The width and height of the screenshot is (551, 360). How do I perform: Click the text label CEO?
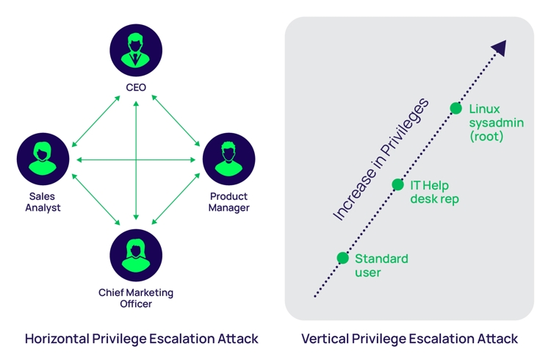click(x=136, y=87)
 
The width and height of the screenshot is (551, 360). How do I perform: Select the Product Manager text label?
click(x=228, y=202)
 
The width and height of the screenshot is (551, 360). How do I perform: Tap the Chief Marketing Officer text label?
click(x=136, y=298)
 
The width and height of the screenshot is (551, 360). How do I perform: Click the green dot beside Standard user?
click(x=342, y=258)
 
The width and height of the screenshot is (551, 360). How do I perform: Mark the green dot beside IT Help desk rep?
click(x=397, y=184)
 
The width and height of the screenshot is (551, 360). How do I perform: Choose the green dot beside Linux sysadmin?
click(x=455, y=109)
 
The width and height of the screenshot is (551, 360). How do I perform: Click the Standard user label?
click(x=381, y=265)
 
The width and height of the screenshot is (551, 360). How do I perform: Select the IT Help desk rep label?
click(x=435, y=192)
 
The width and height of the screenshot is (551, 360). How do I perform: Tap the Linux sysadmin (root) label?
click(x=496, y=122)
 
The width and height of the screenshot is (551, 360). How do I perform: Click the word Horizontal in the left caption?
click(x=60, y=339)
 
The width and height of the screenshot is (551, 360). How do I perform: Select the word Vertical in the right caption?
click(x=325, y=339)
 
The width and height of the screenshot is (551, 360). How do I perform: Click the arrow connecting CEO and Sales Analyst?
click(x=96, y=121)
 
